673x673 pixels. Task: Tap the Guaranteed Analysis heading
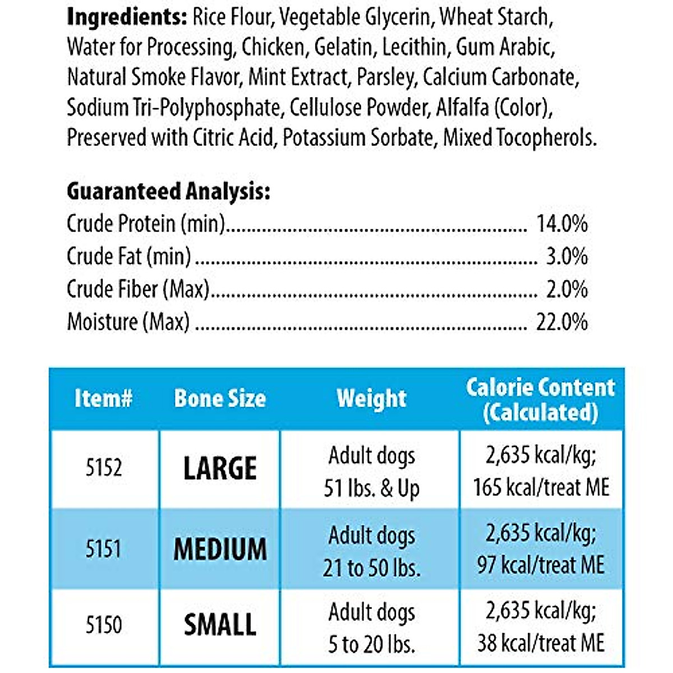(168, 192)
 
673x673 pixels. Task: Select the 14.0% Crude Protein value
(562, 224)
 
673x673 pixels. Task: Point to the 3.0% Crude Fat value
(566, 256)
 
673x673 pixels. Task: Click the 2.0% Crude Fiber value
(566, 289)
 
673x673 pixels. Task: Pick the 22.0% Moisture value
(562, 322)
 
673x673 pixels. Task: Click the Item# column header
(104, 399)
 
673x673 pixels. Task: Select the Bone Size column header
(220, 399)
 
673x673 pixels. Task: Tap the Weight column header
(371, 399)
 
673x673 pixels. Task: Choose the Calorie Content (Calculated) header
(541, 399)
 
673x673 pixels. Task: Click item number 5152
(104, 468)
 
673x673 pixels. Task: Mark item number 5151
(104, 548)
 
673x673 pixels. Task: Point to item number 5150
(104, 625)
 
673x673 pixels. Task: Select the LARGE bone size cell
(220, 468)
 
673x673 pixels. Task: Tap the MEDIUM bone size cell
(220, 549)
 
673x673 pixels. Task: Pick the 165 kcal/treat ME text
(541, 487)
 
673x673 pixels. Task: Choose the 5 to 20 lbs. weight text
(371, 644)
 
